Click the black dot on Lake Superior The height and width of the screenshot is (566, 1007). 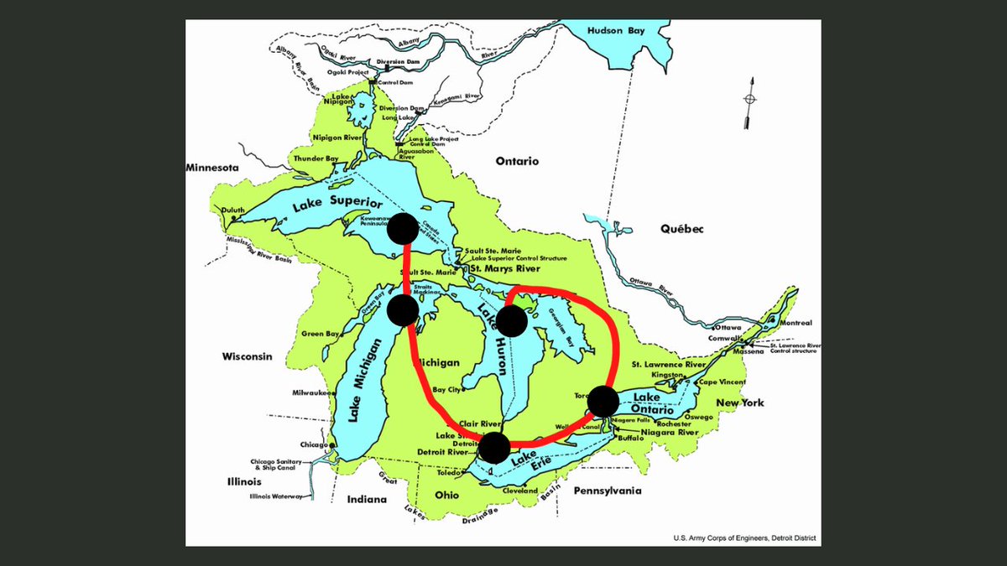click(403, 228)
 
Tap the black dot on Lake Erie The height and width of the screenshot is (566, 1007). click(493, 448)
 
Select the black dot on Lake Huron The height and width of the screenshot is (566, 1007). click(511, 320)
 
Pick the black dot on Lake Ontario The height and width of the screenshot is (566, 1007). click(603, 402)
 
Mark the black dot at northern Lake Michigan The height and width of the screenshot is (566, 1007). click(403, 310)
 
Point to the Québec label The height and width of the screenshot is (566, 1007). click(680, 229)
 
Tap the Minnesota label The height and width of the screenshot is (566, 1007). click(212, 168)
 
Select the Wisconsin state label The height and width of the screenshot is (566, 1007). click(248, 356)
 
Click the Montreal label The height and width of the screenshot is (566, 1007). click(794, 323)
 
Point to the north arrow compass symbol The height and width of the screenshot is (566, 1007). click(749, 101)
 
